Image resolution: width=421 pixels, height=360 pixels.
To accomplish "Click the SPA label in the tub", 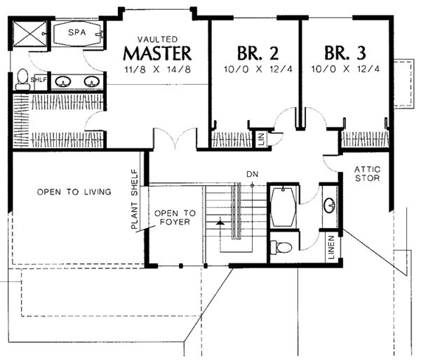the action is [x=77, y=32].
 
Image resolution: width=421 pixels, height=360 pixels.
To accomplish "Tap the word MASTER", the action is [x=157, y=53].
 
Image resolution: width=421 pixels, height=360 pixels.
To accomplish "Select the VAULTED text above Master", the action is [x=158, y=39].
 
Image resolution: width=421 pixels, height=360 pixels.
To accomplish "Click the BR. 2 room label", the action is [x=258, y=53].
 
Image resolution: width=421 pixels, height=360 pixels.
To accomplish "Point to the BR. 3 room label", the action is [x=345, y=53].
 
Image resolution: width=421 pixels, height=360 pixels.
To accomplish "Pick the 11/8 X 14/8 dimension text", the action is [x=158, y=69].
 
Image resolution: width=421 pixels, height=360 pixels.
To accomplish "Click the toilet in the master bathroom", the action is [x=22, y=79].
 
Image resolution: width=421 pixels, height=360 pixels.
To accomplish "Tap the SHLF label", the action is [x=39, y=80].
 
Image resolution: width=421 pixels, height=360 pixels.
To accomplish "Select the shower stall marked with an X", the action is [x=30, y=34].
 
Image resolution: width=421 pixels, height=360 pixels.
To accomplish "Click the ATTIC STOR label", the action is [x=367, y=174].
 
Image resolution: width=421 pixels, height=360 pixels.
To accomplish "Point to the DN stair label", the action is [x=253, y=175].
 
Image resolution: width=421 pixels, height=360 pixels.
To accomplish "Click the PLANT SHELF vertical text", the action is [x=134, y=199].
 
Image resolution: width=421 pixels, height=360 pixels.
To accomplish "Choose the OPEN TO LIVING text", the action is [x=74, y=192].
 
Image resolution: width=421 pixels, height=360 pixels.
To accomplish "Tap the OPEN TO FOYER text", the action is [x=175, y=218].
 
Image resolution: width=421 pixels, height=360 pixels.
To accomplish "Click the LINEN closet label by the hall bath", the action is [x=331, y=247].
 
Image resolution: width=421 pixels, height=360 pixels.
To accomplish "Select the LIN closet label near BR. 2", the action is [x=261, y=139].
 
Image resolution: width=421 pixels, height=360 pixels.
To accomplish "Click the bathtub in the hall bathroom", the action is [x=283, y=207].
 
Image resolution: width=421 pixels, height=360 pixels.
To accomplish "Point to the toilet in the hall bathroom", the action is [x=281, y=247].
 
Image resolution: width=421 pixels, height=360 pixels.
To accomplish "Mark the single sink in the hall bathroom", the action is [x=330, y=206].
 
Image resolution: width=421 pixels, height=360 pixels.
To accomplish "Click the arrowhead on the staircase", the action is [x=220, y=222].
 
